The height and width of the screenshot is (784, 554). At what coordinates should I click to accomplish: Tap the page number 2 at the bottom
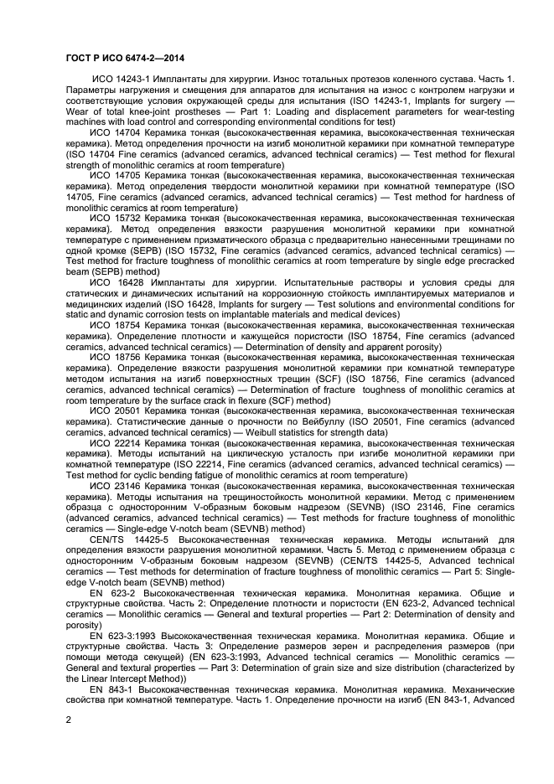(68, 718)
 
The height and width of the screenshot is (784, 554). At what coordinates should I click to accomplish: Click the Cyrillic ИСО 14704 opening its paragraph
(113, 132)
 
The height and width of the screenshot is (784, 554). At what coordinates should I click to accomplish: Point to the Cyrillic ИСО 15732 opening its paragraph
(113, 218)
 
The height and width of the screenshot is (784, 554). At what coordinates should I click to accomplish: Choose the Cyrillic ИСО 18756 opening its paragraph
(113, 357)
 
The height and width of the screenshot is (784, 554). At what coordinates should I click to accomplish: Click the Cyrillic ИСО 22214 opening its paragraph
(113, 443)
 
